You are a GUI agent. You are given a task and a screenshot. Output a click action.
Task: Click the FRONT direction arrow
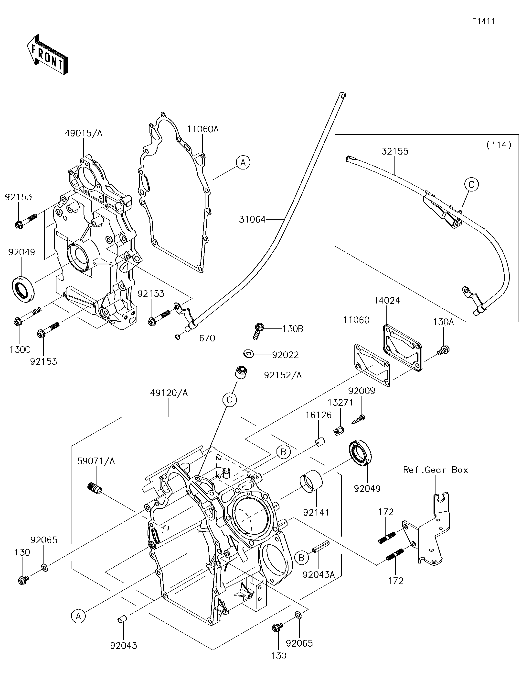47,54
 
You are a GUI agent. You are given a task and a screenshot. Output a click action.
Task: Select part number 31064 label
252,219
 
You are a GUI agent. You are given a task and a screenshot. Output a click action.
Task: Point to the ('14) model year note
499,145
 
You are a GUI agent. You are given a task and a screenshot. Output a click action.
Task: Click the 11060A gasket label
203,129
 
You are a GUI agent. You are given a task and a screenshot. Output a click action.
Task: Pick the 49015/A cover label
84,133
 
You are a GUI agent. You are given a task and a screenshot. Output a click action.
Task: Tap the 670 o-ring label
207,338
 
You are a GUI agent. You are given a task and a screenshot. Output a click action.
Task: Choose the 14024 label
387,300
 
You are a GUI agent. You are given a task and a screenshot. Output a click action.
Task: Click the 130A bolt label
443,322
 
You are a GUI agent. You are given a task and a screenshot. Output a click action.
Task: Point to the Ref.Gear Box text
436,470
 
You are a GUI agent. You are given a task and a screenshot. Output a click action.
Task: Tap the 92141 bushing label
316,512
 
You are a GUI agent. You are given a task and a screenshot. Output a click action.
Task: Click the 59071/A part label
96,461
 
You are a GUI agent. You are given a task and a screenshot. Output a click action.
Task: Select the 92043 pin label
124,646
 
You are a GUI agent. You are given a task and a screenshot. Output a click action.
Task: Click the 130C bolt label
20,350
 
